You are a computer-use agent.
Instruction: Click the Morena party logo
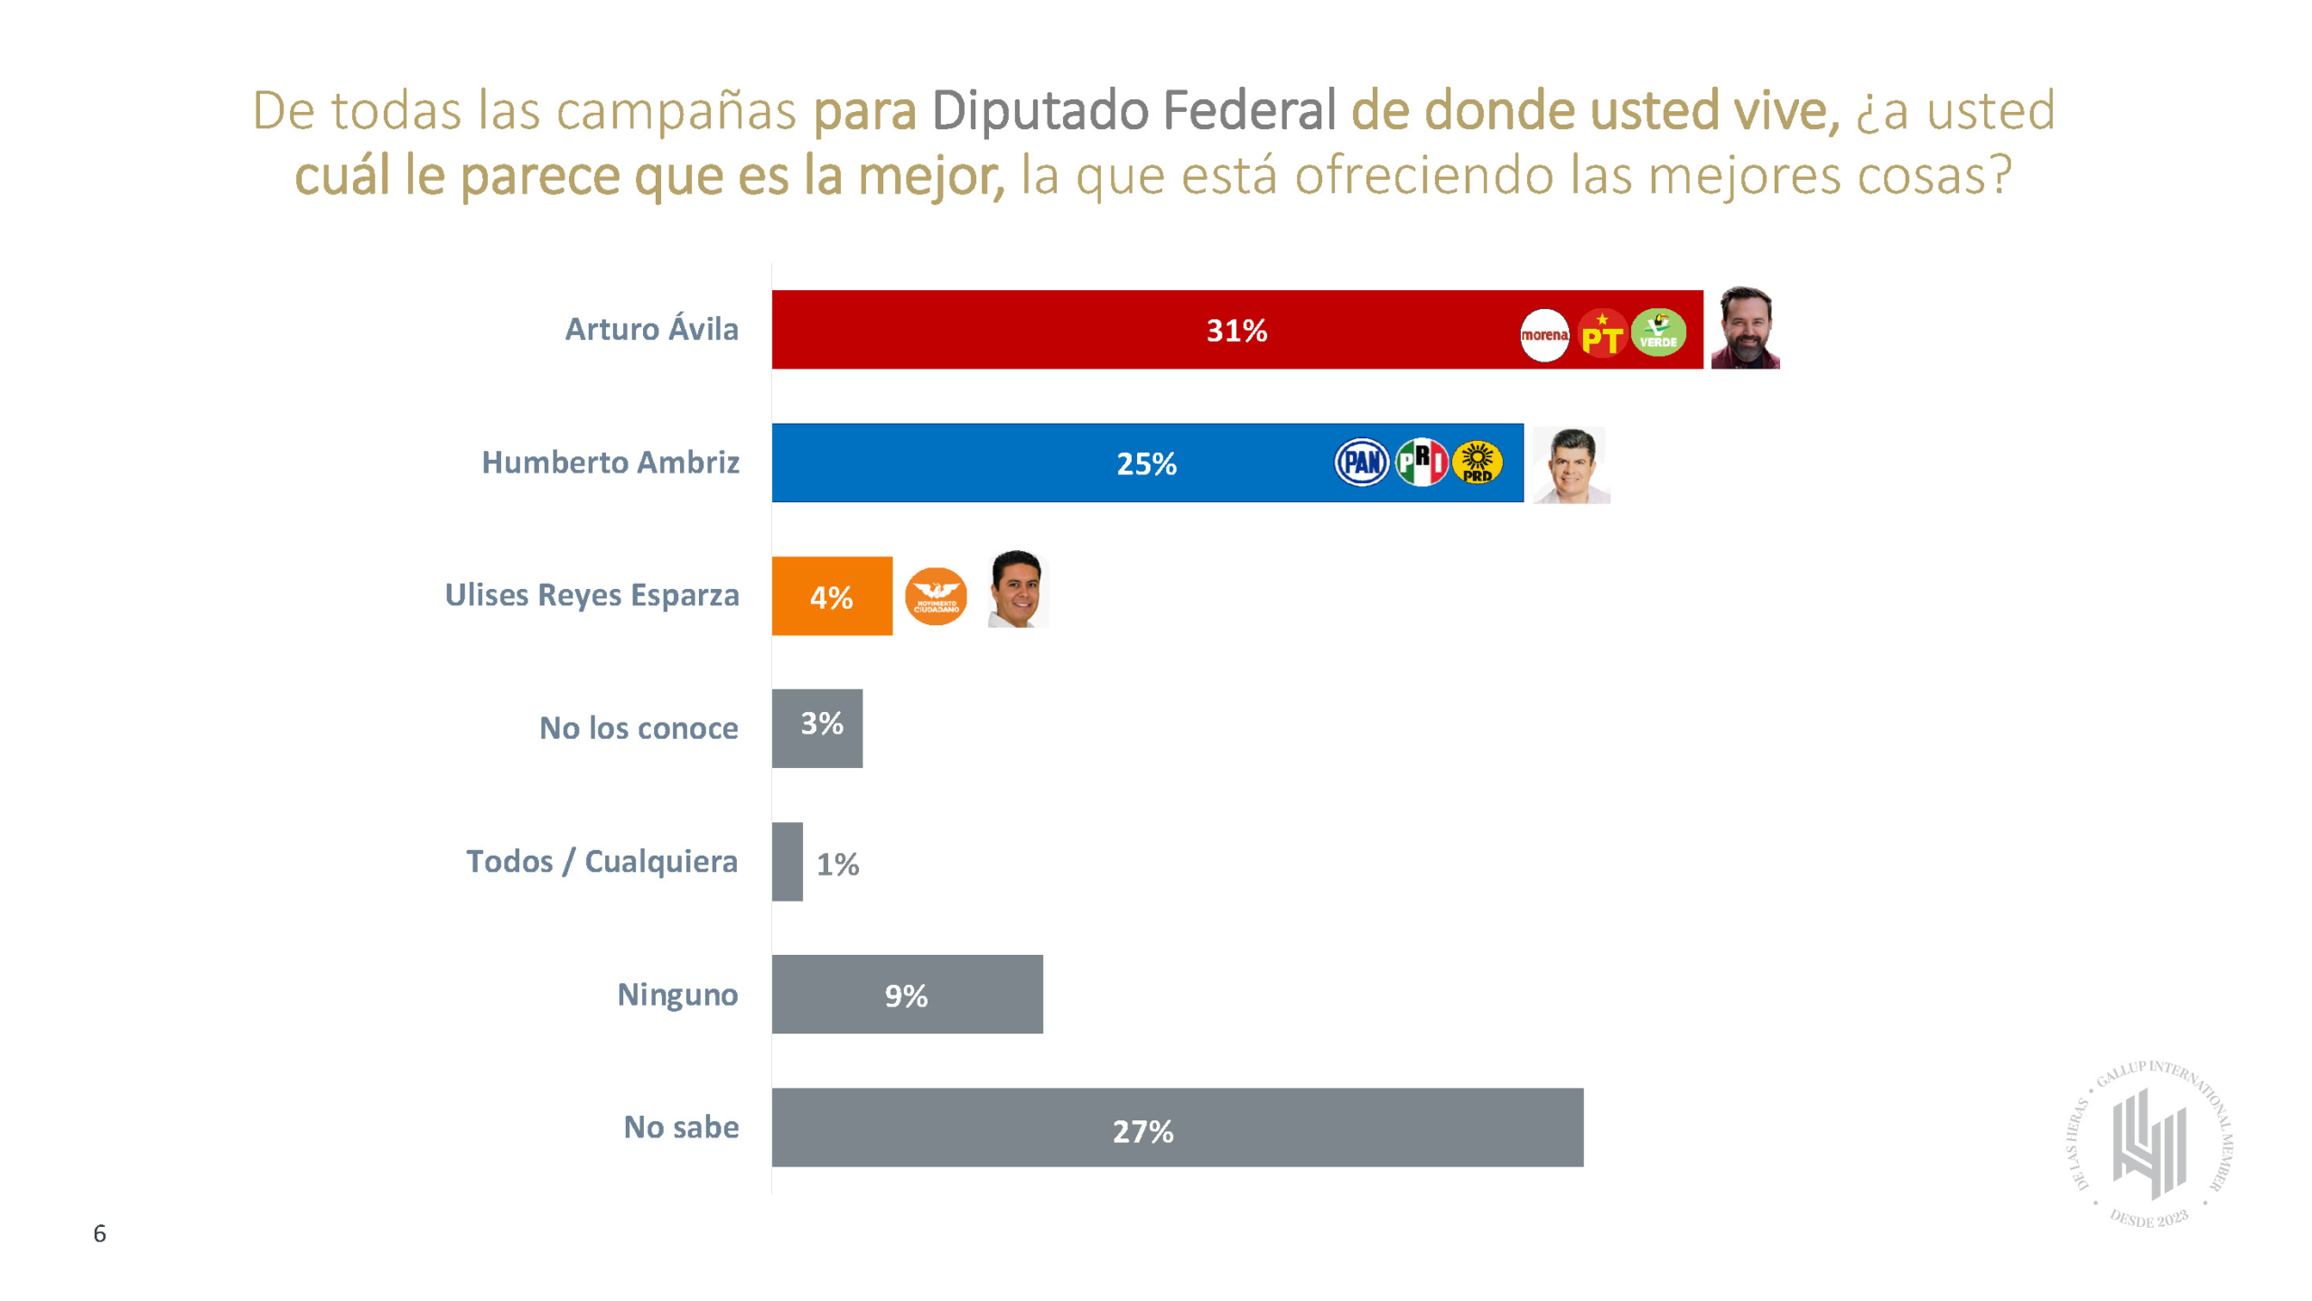1543,335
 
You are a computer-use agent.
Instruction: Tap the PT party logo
1601,334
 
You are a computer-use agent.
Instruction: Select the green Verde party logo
1658,333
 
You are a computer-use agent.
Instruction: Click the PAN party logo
1361,463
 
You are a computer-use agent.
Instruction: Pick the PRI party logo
1421,462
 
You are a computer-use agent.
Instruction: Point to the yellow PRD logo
1478,463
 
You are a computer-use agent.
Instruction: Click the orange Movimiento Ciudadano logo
936,596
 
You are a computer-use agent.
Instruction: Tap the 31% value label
1236,331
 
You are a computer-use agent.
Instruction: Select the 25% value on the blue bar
1146,464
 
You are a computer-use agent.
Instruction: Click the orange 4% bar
832,596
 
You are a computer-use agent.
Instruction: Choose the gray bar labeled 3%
816,728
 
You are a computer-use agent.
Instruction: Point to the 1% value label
837,865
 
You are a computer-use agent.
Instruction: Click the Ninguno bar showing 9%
907,995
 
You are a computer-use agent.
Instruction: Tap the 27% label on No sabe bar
1142,1131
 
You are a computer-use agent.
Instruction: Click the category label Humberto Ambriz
611,463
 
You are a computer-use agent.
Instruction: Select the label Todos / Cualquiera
601,861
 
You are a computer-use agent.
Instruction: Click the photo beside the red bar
1745,328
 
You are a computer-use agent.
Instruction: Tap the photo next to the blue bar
1571,464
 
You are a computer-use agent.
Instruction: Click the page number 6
99,1233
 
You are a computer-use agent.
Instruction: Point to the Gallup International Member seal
2149,1144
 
